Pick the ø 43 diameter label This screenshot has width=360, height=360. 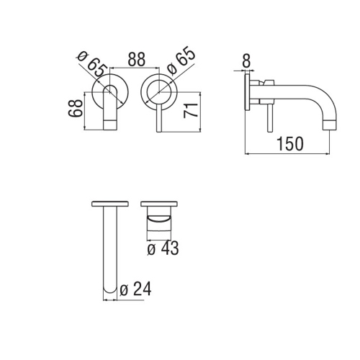(162, 248)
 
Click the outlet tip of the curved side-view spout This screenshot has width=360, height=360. (329, 127)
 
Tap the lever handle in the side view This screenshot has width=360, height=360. (270, 115)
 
